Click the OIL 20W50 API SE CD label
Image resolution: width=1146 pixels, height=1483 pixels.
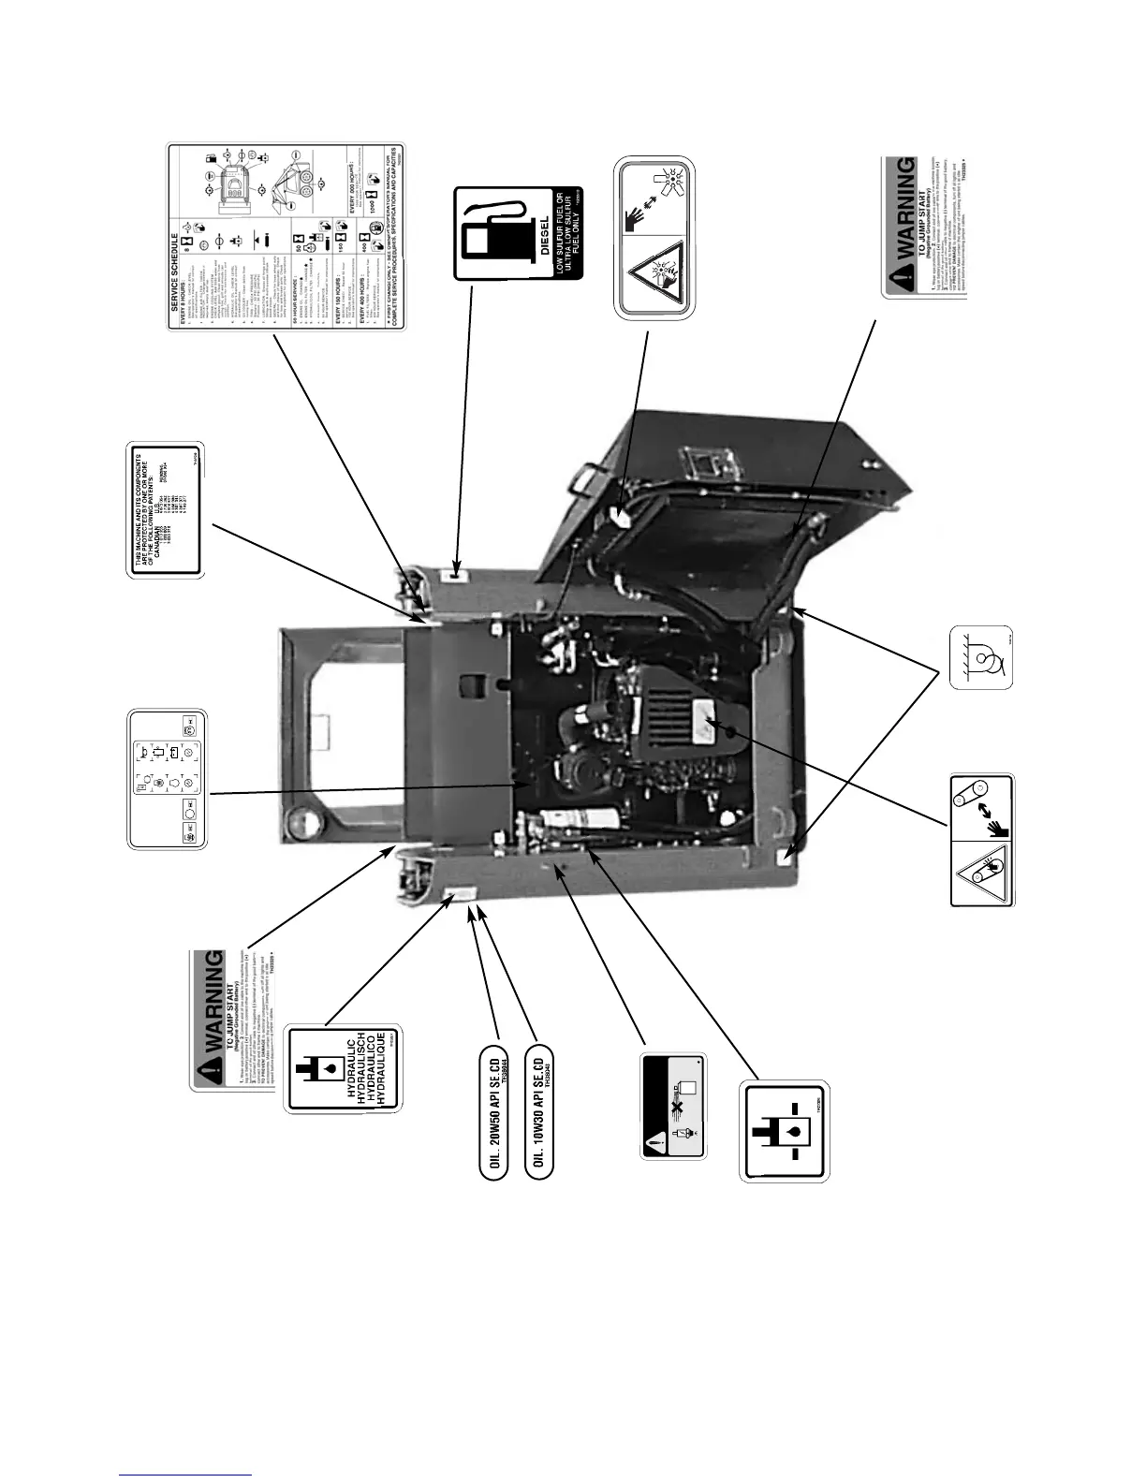pos(487,1109)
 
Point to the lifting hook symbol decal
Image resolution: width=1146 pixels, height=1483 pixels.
pos(982,657)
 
